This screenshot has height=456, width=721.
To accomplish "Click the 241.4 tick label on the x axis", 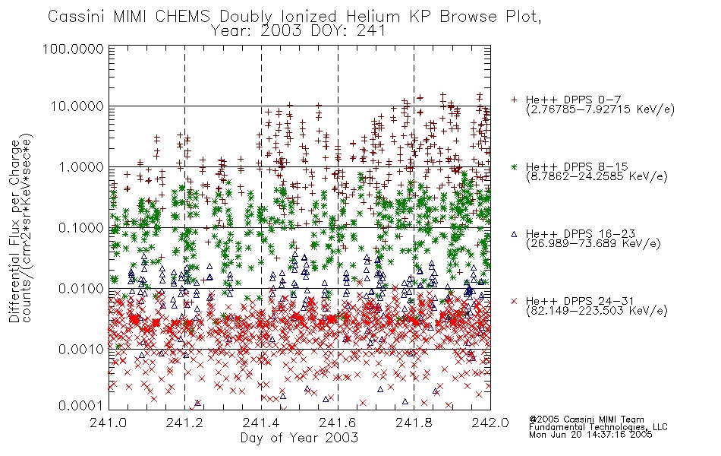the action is click(x=261, y=423).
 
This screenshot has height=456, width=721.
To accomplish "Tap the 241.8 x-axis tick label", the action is click(x=414, y=423).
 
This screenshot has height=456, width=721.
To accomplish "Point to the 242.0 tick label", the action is click(x=490, y=423).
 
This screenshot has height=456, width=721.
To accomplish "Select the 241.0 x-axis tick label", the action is click(x=109, y=423).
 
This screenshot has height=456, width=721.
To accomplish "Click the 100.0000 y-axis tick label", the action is click(x=73, y=49).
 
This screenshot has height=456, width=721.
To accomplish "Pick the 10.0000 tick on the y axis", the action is click(x=77, y=106).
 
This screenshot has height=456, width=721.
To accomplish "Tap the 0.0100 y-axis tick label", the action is click(x=81, y=289).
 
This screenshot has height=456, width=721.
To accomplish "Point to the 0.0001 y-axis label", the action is click(x=81, y=405).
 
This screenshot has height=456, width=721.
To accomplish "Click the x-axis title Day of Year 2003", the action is click(x=299, y=438).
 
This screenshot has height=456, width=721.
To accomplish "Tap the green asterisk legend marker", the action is click(x=514, y=166).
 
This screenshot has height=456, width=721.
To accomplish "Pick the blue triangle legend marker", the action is click(x=514, y=234).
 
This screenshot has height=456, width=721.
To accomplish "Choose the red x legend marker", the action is click(x=514, y=301).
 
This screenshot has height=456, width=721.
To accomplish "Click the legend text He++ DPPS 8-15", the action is click(x=577, y=166).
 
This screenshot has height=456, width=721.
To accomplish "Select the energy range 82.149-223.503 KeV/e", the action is click(x=597, y=311).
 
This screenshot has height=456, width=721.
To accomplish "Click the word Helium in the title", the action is click(x=373, y=17).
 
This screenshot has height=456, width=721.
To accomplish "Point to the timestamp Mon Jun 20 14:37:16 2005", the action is click(x=590, y=435).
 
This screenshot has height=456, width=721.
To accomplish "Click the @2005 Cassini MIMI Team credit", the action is click(x=586, y=420).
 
